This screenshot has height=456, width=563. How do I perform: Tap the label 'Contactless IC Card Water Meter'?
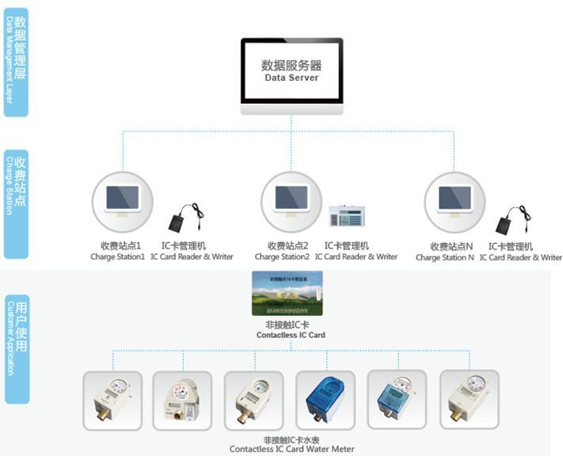point(291,449)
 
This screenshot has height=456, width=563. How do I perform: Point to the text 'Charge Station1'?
point(117,256)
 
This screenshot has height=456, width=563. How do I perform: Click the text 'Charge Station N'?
point(444,257)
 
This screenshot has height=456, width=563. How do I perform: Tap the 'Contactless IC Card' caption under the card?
point(291,335)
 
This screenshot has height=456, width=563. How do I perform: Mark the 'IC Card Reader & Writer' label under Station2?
point(356,256)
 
